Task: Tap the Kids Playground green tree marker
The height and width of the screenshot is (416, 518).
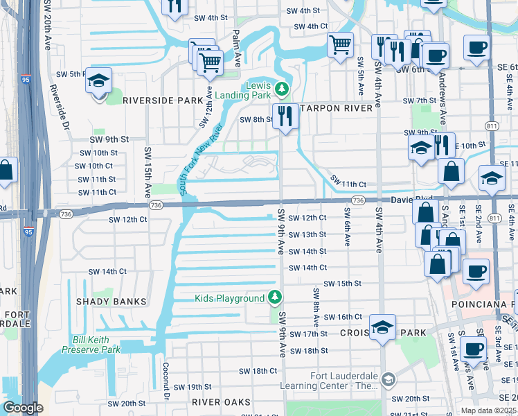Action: [276, 298]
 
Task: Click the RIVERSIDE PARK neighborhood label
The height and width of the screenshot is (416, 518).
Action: [163, 100]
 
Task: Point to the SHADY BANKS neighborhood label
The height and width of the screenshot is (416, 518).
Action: [113, 302]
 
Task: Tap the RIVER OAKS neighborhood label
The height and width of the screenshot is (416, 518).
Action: [221, 402]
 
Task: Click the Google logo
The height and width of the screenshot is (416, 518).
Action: [22, 408]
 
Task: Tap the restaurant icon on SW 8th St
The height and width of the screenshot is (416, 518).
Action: [285, 116]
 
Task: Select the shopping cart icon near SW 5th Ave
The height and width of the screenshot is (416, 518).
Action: [340, 46]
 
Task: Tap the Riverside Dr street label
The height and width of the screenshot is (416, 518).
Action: [58, 108]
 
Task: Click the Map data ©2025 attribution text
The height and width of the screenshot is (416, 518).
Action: [488, 410]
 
